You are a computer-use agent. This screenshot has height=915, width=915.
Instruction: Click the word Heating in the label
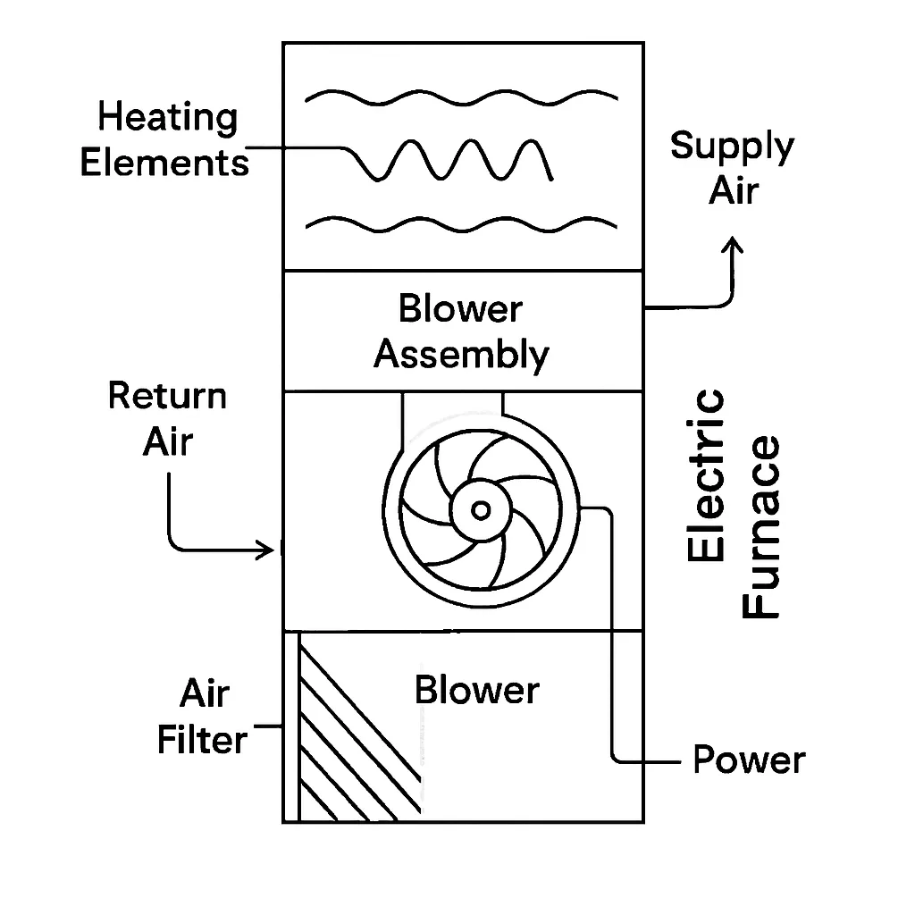pyautogui.click(x=168, y=118)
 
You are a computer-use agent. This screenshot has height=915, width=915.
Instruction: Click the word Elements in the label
pyautogui.click(x=164, y=164)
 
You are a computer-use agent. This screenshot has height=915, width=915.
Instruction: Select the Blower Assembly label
pyautogui.click(x=461, y=332)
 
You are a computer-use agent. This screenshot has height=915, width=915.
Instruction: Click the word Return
pyautogui.click(x=167, y=396)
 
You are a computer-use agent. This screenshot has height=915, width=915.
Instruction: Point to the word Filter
pyautogui.click(x=202, y=740)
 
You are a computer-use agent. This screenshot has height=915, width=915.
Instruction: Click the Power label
pyautogui.click(x=749, y=760)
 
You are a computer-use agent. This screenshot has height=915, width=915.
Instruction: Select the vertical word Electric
pyautogui.click(x=707, y=475)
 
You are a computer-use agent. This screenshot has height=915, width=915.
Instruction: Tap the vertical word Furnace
pyautogui.click(x=762, y=527)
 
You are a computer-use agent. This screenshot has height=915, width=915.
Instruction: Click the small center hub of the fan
pyautogui.click(x=481, y=510)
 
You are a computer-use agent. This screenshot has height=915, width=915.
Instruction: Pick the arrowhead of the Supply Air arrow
pyautogui.click(x=734, y=245)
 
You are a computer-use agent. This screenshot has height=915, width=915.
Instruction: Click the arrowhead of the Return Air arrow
pyautogui.click(x=265, y=550)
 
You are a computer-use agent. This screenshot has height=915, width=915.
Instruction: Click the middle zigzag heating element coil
pyautogui.click(x=456, y=161)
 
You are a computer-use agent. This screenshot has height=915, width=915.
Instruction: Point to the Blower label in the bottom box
pyautogui.click(x=477, y=690)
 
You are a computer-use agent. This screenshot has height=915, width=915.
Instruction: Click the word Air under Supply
pyautogui.click(x=734, y=191)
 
